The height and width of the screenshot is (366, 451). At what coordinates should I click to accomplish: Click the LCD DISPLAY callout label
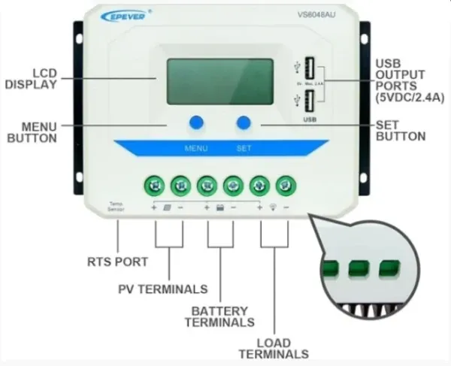[31, 78]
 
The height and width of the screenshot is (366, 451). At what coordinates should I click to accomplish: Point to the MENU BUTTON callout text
[32, 132]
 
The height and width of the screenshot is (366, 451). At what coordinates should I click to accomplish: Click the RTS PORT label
[118, 262]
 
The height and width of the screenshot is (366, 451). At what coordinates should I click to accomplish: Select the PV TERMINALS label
[162, 289]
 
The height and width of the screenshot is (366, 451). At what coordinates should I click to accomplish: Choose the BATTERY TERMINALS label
[218, 316]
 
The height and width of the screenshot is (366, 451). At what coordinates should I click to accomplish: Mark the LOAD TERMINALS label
[273, 347]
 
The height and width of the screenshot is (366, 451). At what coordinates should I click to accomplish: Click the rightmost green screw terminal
[283, 183]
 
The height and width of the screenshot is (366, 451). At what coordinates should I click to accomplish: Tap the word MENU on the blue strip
[196, 148]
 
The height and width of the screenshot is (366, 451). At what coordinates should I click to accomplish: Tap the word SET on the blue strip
[244, 148]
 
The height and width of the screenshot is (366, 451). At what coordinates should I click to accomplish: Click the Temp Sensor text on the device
[116, 207]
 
